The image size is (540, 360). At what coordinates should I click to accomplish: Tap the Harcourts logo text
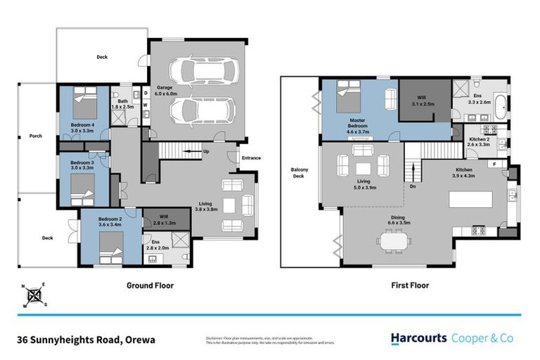[418, 338]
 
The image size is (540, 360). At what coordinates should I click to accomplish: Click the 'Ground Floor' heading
[150, 285]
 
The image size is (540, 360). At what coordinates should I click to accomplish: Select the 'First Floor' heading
[409, 285]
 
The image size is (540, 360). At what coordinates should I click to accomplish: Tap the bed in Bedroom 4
[85, 103]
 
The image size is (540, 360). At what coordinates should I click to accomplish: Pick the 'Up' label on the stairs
[205, 151]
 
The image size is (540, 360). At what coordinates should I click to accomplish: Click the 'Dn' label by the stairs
[413, 186]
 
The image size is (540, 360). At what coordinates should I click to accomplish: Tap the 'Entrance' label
[251, 158]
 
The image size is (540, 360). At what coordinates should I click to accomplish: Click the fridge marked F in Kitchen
[495, 165]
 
